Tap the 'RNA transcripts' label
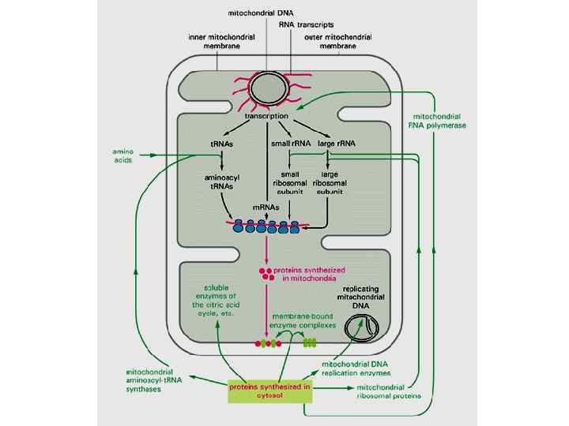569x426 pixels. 306,24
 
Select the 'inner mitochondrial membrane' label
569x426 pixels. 214,40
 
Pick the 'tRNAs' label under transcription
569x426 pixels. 222,144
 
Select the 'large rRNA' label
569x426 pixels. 332,144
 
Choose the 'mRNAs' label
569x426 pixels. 265,207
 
